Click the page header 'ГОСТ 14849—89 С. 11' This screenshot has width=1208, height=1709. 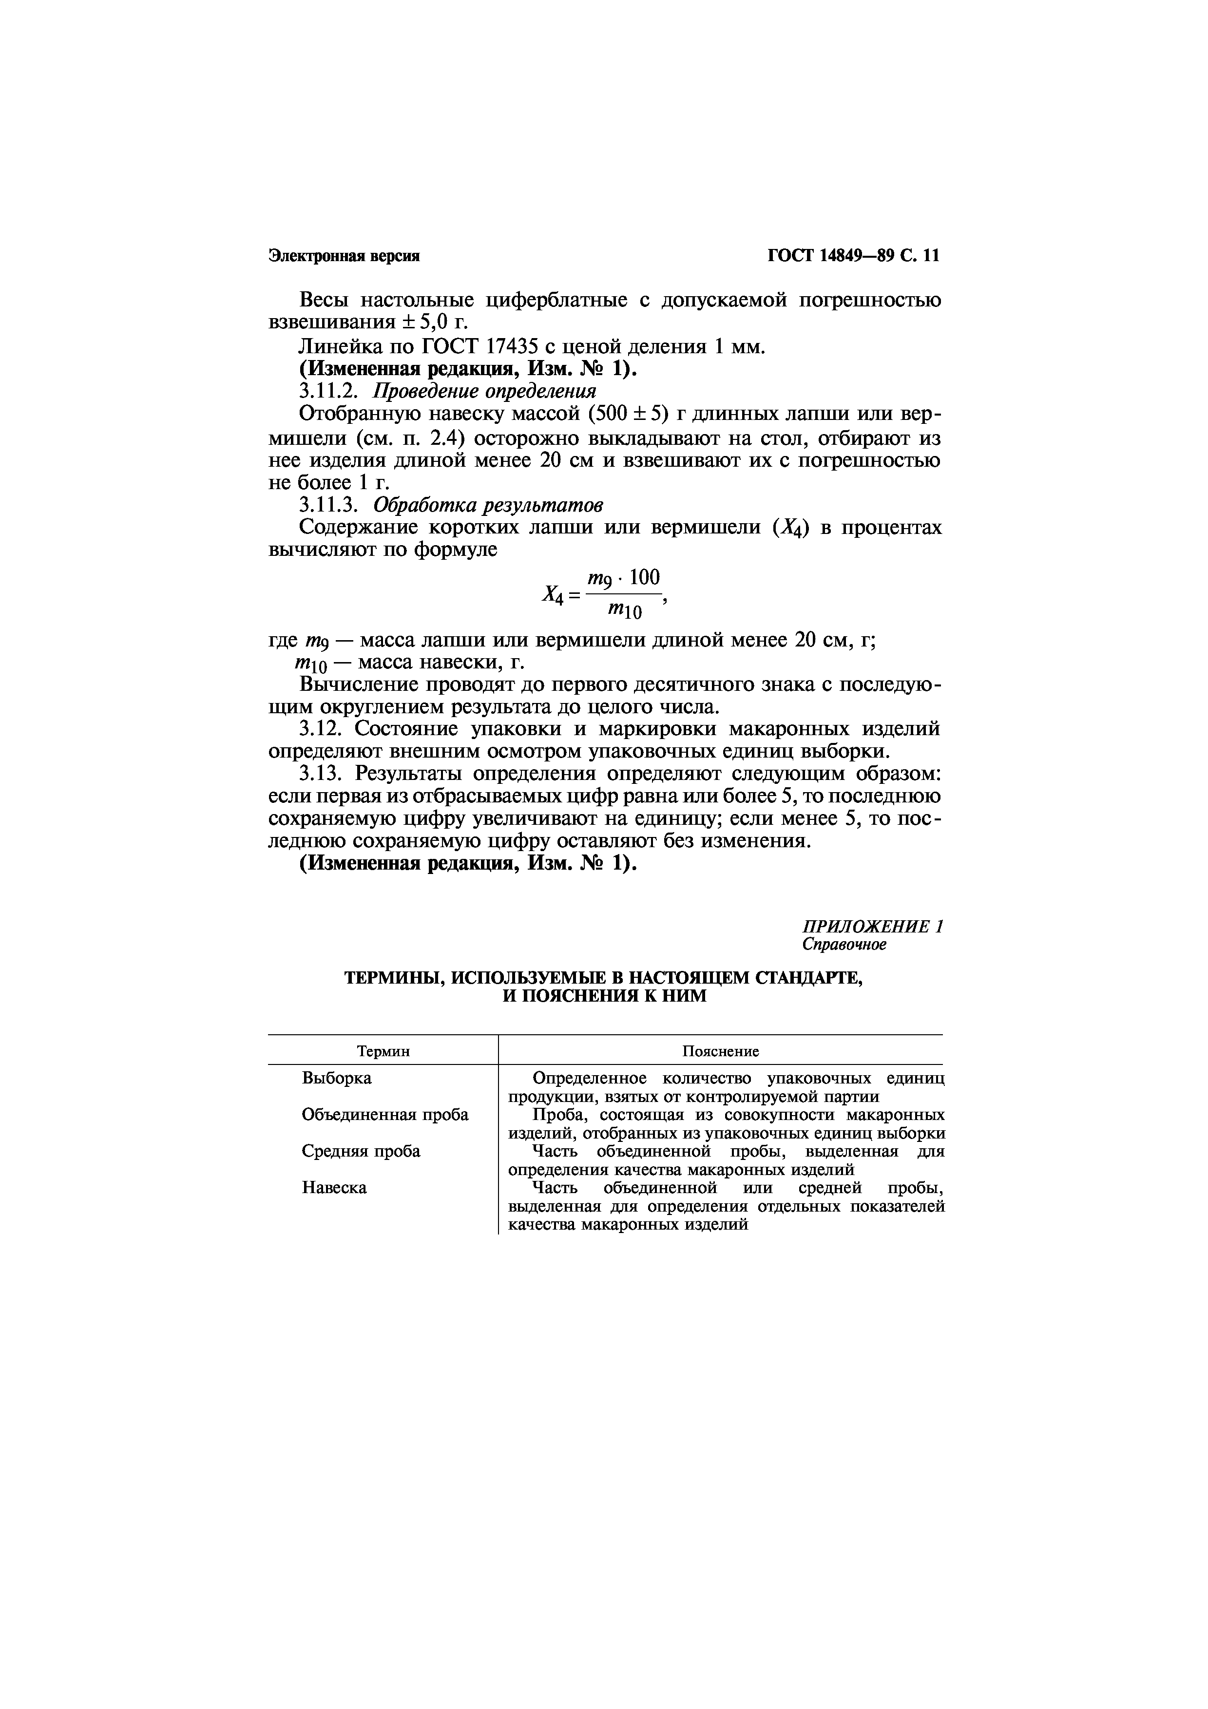pyautogui.click(x=854, y=256)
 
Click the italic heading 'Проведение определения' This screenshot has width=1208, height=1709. pyautogui.click(x=484, y=392)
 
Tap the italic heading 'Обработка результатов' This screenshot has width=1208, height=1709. pyautogui.click(x=487, y=505)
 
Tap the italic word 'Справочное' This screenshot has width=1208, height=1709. pyautogui.click(x=844, y=945)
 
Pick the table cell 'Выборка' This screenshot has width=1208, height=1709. pyautogui.click(x=336, y=1078)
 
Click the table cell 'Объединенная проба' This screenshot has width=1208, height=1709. pyautogui.click(x=385, y=1114)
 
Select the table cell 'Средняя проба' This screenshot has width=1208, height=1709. pyautogui.click(x=361, y=1151)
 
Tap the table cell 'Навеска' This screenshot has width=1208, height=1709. pyautogui.click(x=334, y=1187)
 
